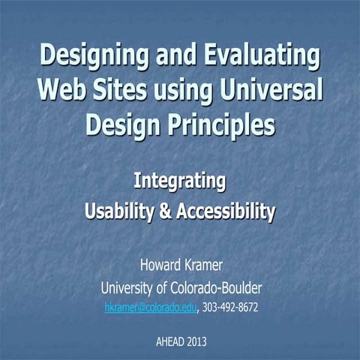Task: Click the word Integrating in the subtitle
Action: (180, 181)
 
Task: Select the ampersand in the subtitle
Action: (165, 212)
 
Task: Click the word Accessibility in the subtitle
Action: (225, 212)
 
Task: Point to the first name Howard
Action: (160, 265)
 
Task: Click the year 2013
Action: (197, 341)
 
